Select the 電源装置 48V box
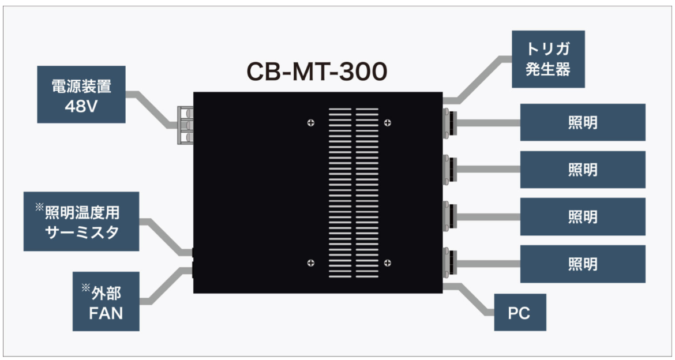point(81,94)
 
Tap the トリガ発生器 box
point(549,59)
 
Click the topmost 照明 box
point(582,122)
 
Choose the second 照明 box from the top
point(582,170)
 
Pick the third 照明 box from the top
point(582,216)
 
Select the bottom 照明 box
point(582,264)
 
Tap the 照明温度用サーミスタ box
point(81,221)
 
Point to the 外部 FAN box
point(107,301)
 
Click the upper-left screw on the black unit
point(311,122)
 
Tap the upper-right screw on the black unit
point(388,122)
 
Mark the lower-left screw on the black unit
point(311,263)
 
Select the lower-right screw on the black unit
point(388,263)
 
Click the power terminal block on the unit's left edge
point(185,126)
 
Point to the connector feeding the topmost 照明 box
point(448,122)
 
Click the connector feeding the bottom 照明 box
point(448,264)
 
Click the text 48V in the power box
point(81,107)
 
